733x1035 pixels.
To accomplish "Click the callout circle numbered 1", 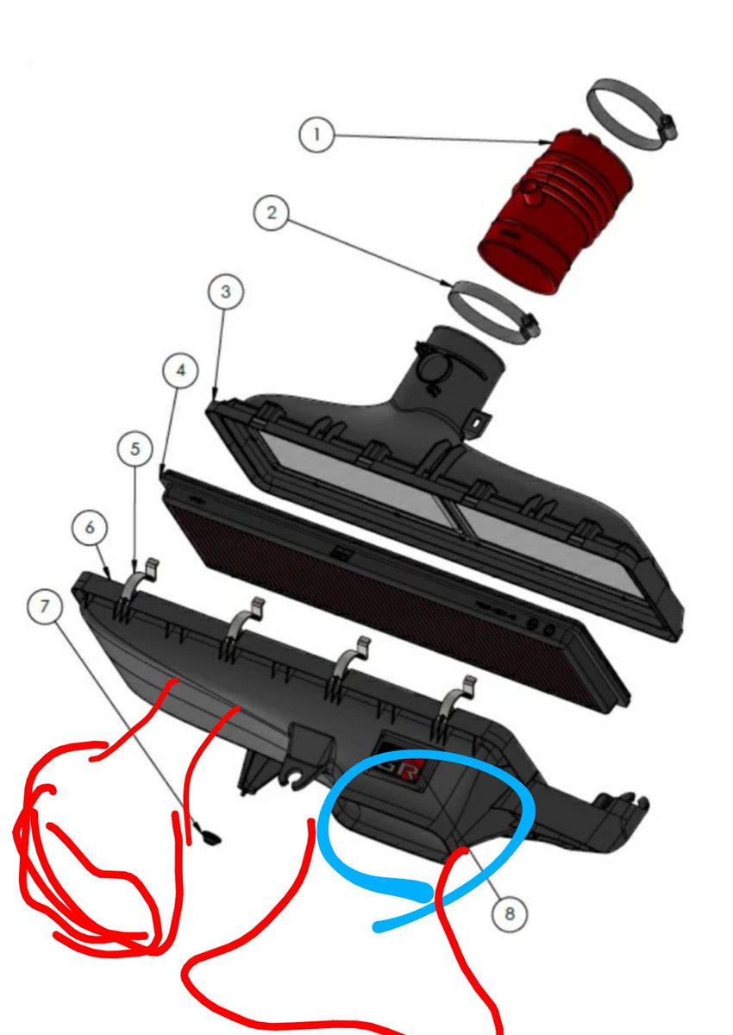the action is pos(316,135).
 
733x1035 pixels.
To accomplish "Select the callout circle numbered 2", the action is pos(272,212).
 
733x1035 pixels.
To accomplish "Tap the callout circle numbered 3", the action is pos(225,292).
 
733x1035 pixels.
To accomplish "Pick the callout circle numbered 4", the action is pos(180,370).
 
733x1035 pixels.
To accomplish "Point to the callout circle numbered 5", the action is pos(135,448).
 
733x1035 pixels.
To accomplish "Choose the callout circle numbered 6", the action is pos(90,527).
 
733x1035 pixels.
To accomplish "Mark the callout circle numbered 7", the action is pos(44,605).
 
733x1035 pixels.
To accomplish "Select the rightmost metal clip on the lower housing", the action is pos(457,705).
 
